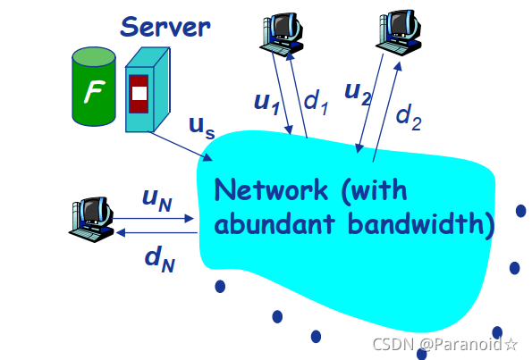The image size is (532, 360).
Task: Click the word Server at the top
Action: tap(165, 27)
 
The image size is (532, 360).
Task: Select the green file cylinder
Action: tap(94, 87)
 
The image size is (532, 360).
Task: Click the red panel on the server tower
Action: tap(139, 94)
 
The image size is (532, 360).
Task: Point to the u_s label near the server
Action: tap(202, 128)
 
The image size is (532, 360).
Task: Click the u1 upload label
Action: tap(267, 103)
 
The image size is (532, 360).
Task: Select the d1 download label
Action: tap(317, 103)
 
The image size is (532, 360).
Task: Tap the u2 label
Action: tap(358, 93)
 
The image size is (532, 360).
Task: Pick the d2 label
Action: tap(409, 117)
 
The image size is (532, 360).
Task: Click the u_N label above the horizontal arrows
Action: tap(157, 200)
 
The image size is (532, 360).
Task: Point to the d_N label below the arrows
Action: tap(159, 259)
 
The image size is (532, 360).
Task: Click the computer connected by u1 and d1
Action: tap(282, 34)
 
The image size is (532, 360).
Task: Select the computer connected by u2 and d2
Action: tap(399, 32)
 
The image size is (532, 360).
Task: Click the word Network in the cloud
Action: tap(271, 190)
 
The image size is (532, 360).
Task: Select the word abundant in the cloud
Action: tap(275, 223)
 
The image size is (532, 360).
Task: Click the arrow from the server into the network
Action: tap(182, 147)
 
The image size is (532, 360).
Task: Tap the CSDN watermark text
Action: tap(393, 345)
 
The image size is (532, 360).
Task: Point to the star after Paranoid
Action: tap(511, 345)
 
